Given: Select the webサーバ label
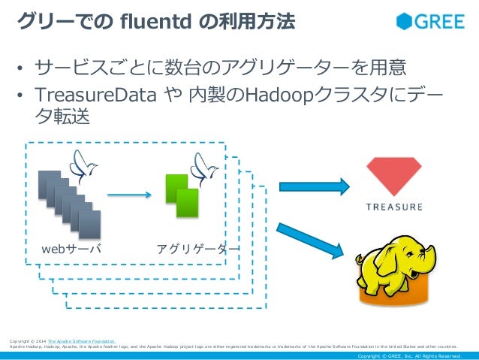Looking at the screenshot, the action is (x=71, y=249).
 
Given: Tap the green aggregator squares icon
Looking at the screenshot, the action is (x=182, y=196).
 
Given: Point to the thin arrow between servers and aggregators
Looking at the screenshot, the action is (x=129, y=196).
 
